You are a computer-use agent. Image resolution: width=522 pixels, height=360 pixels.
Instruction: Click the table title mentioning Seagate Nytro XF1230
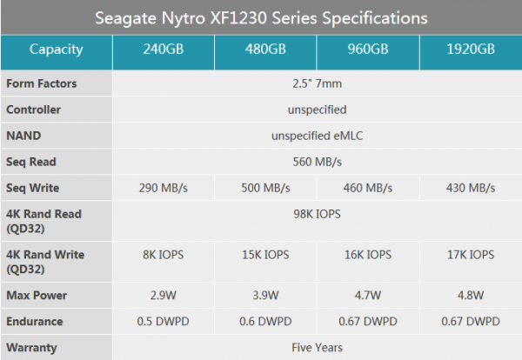[261, 17]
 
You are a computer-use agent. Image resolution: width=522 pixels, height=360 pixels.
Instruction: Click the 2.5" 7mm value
[316, 84]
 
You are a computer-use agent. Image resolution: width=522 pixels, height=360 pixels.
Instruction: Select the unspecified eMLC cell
[316, 136]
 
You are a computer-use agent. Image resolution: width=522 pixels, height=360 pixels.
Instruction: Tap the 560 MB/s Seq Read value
[316, 162]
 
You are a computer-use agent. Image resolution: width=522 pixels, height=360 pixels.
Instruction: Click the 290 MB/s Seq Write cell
[164, 188]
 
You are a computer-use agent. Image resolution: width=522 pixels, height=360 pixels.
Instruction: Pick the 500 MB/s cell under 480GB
[265, 188]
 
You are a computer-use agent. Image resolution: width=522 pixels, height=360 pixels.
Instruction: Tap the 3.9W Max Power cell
[265, 296]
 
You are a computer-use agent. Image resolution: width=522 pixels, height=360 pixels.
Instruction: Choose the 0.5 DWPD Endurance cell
[164, 321]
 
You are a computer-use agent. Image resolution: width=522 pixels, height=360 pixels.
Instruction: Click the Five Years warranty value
[316, 347]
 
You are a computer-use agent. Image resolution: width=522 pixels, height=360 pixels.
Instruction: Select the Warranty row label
[32, 347]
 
